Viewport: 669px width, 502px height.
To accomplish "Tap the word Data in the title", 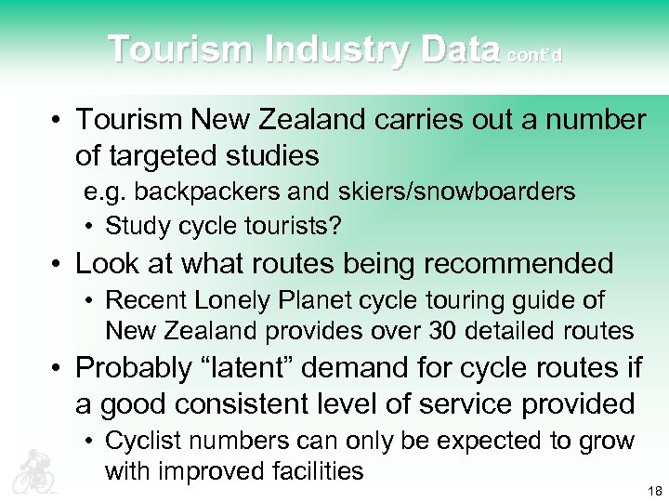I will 459,49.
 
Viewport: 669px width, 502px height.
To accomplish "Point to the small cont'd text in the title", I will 534,55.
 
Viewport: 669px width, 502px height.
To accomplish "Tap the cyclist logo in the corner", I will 34,470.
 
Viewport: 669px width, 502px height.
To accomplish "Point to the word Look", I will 105,263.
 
